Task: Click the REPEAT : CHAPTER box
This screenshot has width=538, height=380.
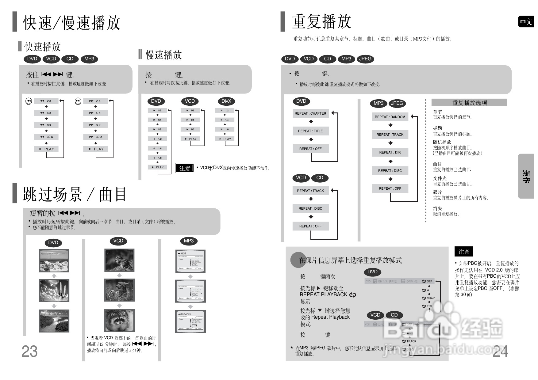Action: (310, 113)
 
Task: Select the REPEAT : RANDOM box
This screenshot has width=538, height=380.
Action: (390, 117)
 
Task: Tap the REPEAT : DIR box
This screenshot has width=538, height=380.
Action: (390, 152)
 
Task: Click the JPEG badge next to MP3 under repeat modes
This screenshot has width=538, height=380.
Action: (397, 103)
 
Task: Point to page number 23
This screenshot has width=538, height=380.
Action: (29, 351)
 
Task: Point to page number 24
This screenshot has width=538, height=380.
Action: (500, 351)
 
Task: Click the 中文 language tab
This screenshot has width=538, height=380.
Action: (526, 22)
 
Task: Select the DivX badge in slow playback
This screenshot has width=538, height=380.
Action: (226, 101)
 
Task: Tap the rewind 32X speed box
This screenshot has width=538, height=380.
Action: (46, 137)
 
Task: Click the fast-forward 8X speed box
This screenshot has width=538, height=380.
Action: (95, 125)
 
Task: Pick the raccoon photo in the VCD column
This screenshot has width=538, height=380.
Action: (119, 320)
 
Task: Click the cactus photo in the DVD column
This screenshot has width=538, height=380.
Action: (54, 291)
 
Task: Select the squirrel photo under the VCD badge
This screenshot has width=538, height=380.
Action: (119, 260)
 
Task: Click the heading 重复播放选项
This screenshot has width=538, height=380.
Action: (469, 103)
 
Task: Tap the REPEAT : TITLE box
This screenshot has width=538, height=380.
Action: (310, 131)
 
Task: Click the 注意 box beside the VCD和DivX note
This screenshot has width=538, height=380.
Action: (185, 168)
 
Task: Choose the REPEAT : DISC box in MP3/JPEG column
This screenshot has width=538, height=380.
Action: (390, 171)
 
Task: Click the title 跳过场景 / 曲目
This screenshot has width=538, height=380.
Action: (75, 194)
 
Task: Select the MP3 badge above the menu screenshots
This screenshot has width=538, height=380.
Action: (189, 241)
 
